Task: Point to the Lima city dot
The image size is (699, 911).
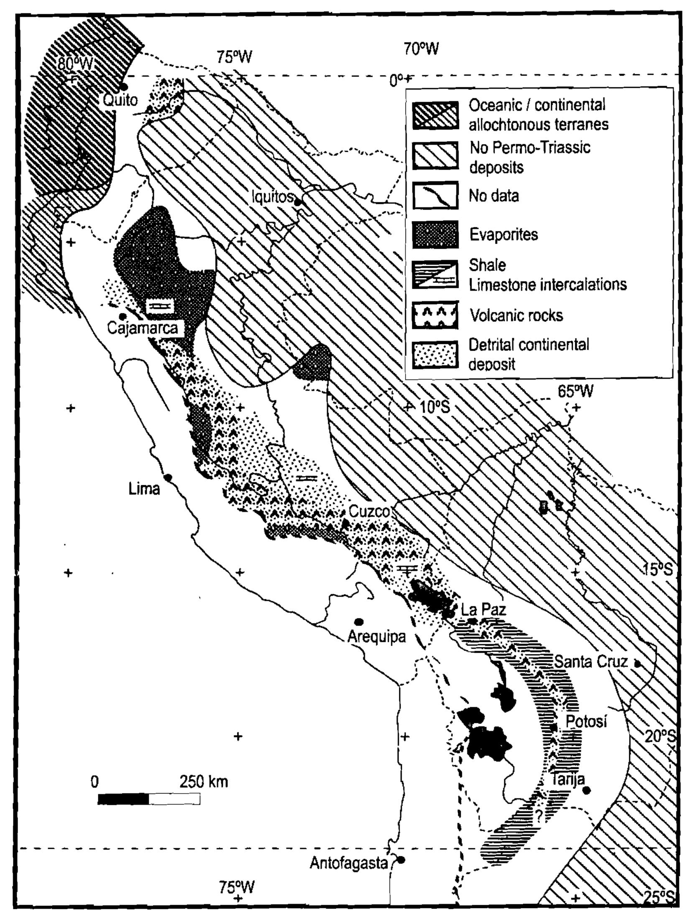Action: point(168,477)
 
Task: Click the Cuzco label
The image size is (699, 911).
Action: point(369,511)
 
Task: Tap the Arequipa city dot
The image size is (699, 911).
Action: point(359,621)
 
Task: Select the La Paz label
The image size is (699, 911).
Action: point(483,609)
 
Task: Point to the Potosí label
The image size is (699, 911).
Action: point(586,722)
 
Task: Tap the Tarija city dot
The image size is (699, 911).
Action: point(587,790)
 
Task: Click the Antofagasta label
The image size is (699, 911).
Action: point(349,863)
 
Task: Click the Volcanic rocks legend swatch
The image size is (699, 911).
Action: point(435,316)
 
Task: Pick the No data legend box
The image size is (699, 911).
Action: point(435,195)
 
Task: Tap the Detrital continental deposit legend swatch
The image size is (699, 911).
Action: point(435,354)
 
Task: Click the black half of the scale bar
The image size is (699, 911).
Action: point(123,799)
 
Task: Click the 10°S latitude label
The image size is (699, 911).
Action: point(435,407)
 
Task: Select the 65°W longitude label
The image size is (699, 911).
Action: point(576,391)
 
